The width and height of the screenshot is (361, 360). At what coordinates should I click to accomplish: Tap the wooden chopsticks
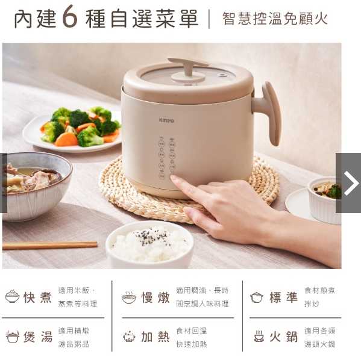tap(49, 245)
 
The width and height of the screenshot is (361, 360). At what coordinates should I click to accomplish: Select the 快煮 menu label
tap(37, 297)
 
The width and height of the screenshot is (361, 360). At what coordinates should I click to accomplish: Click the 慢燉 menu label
tap(155, 297)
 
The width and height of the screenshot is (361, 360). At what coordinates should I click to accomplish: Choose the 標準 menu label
tap(283, 297)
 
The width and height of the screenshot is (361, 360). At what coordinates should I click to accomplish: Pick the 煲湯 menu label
tap(37, 337)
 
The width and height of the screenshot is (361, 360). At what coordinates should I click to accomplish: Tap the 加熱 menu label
tap(155, 337)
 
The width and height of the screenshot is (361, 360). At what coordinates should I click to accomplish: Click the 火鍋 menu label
tap(283, 337)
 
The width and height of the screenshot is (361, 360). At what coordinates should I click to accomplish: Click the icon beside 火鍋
tap(259, 337)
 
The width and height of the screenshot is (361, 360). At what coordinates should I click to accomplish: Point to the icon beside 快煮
tap(12, 297)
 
